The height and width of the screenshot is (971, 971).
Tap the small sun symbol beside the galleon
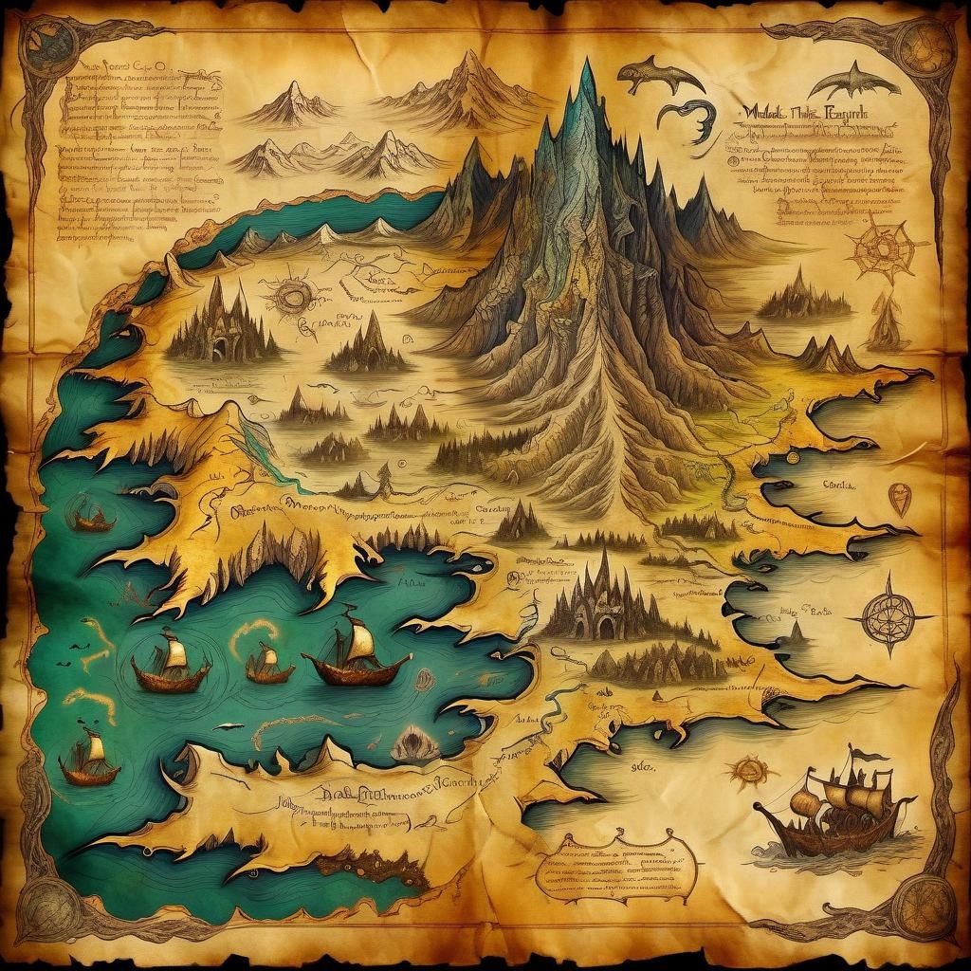tap(749, 770)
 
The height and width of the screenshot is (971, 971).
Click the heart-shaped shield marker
tap(899, 498)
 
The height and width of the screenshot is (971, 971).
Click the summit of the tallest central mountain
tap(587, 64)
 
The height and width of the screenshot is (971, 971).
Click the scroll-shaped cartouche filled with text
tap(616, 865)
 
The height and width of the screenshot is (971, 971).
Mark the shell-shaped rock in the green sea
tap(414, 744)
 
